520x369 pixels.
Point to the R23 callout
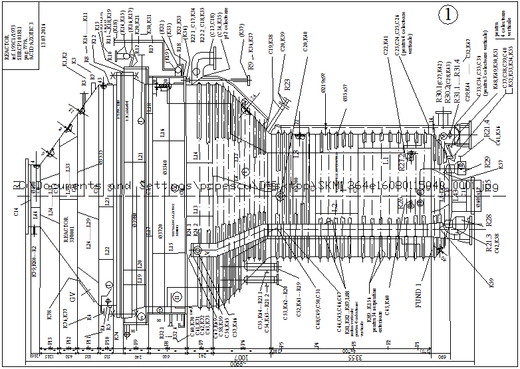click(287, 85)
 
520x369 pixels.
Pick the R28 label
click(488, 218)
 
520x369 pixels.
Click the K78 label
click(51, 315)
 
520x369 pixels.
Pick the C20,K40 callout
click(305, 41)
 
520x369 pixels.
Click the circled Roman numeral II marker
click(177, 296)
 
